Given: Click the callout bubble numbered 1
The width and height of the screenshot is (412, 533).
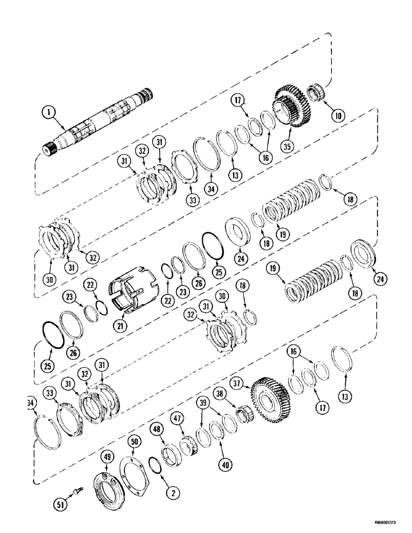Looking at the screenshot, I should [48, 112].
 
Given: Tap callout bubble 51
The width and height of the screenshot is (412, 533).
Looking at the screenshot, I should [61, 503].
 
